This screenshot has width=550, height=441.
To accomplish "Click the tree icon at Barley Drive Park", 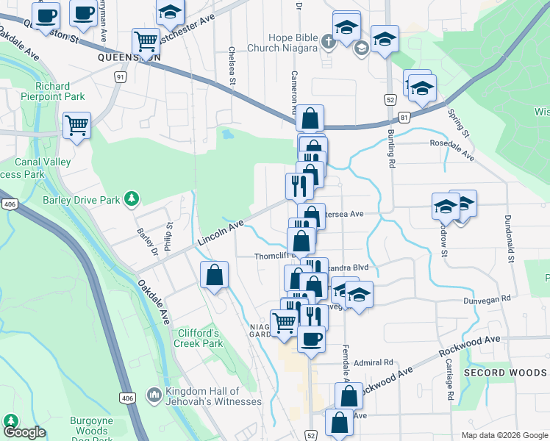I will click(131, 198).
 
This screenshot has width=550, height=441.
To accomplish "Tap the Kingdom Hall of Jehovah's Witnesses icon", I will click(154, 396).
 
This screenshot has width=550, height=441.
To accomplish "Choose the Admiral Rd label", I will click(374, 362).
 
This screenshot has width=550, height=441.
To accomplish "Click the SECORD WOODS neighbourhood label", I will click(505, 373).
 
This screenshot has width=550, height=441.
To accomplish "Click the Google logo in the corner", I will click(24, 433).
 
